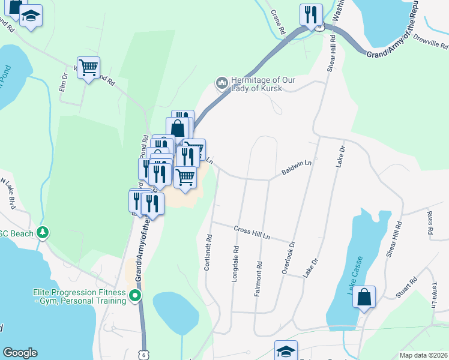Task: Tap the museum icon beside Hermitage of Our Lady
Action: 221,81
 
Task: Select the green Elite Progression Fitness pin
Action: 136,295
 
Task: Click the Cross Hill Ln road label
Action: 250,231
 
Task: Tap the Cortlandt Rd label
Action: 208,252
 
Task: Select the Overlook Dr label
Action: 289,259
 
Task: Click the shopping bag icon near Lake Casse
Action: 364,297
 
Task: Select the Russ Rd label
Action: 430,222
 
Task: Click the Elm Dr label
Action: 64,82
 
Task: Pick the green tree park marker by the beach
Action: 43,232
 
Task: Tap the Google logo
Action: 20,353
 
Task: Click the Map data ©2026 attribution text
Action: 423,355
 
